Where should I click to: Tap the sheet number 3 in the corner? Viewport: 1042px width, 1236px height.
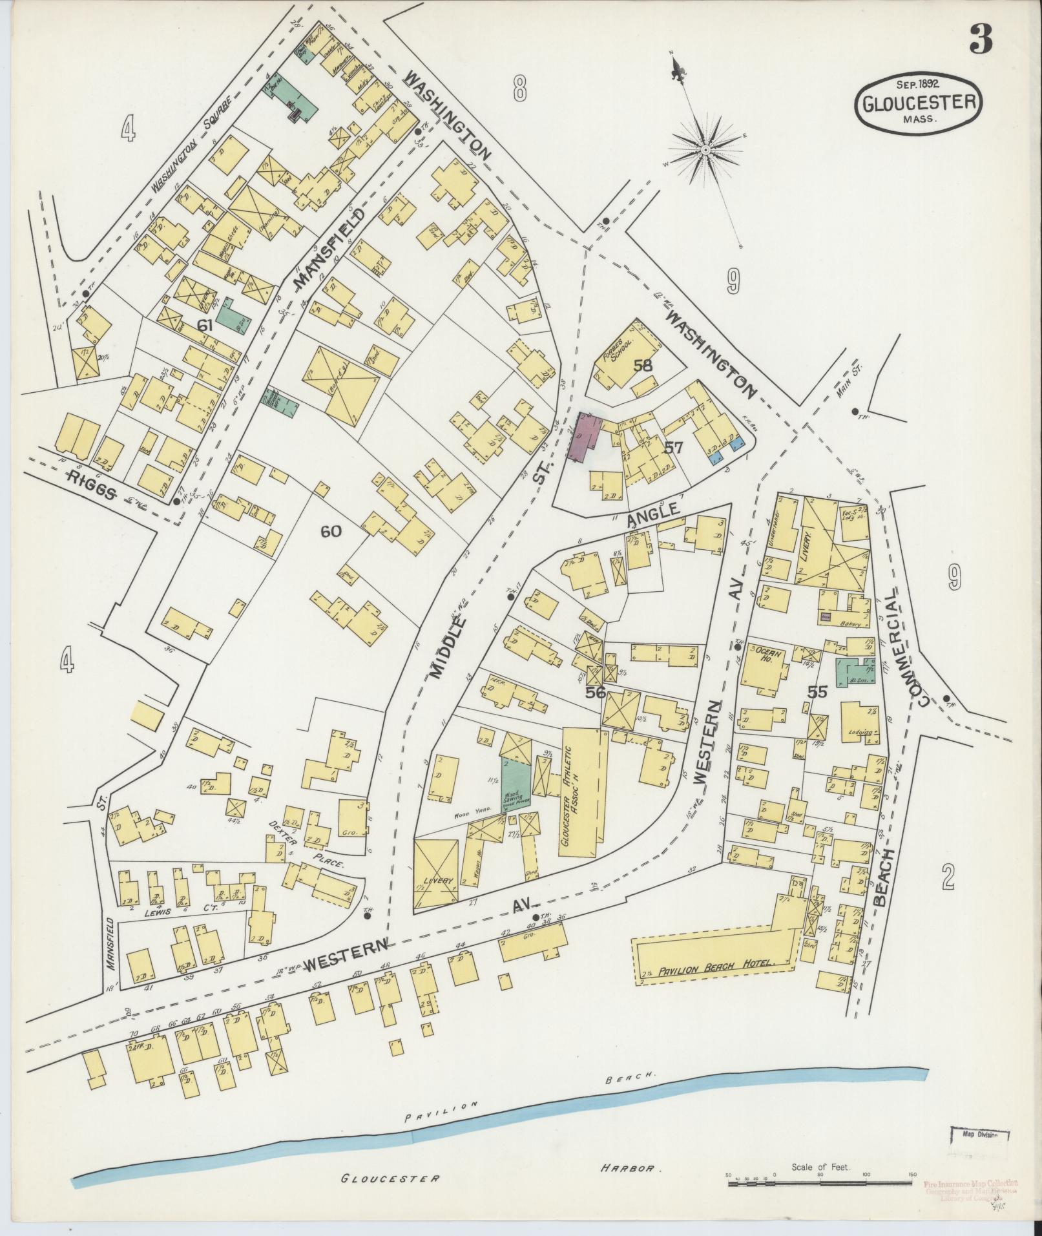980,41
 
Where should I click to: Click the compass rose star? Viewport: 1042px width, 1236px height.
706,150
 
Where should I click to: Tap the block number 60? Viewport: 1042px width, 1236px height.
331,531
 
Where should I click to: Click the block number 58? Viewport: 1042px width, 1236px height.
643,366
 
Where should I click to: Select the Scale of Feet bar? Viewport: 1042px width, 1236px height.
820,1183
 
